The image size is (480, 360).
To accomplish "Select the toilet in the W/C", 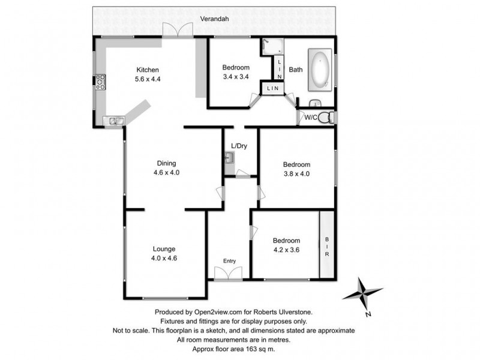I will pyautogui.click(x=325, y=117).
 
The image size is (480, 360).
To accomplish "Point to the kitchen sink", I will pyautogui.click(x=113, y=122).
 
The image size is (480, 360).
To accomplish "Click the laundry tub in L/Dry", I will pyautogui.click(x=230, y=158).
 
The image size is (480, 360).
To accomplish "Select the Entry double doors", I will pyautogui.click(x=228, y=274).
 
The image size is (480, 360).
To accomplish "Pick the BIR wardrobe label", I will pyautogui.click(x=328, y=245).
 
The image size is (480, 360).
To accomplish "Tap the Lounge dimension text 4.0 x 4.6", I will pyautogui.click(x=164, y=259).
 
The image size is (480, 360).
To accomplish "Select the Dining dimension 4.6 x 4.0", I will pyautogui.click(x=167, y=172).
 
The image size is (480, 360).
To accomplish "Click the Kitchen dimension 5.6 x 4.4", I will pyautogui.click(x=148, y=79).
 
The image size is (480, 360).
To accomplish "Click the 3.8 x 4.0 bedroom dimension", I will pyautogui.click(x=296, y=174).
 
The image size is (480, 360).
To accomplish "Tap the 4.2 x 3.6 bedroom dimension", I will pyautogui.click(x=286, y=250).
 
